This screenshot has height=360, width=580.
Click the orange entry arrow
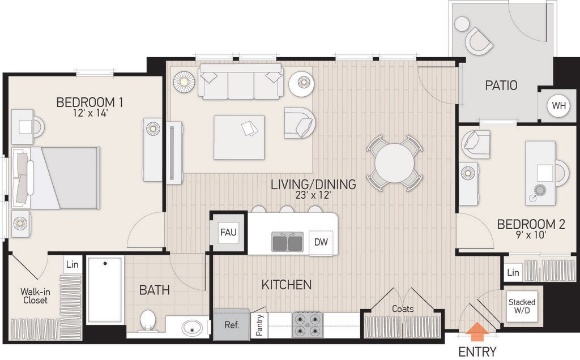[477, 331]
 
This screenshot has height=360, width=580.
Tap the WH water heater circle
[558, 106]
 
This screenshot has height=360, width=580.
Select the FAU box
[228, 233]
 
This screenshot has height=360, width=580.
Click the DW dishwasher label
[321, 242]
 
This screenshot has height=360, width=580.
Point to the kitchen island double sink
[287, 242]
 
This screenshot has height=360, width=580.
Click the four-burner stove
[308, 325]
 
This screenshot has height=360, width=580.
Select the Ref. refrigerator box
[232, 325]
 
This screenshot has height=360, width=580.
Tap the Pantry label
[259, 325]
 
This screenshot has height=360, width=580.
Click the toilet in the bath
[148, 320]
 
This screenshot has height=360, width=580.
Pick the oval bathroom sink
[193, 327]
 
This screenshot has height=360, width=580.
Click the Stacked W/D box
[522, 306]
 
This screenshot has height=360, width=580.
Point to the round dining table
[394, 163]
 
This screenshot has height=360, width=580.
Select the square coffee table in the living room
[239, 138]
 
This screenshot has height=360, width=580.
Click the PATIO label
[501, 85]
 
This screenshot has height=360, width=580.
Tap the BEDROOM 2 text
[531, 224]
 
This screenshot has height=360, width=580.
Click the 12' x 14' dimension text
[90, 113]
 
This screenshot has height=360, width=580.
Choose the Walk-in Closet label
[35, 296]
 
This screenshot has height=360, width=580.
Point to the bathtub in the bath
[105, 290]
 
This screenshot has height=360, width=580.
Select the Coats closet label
[403, 308]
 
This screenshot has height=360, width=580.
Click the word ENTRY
[477, 351]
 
